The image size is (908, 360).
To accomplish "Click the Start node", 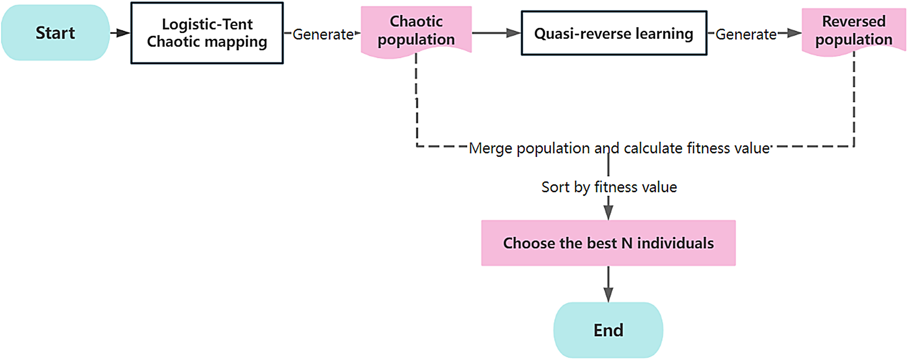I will tap(55, 33).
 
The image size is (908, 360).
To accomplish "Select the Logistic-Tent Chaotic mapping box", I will tap(207, 33).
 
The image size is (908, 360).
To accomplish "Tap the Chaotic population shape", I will tap(416, 31).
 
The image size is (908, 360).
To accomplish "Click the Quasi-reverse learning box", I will tap(614, 33).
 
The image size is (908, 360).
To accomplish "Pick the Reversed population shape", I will tap(853, 31).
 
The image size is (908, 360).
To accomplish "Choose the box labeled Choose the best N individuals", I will tap(608, 243).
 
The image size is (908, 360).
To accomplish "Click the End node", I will tap(608, 330).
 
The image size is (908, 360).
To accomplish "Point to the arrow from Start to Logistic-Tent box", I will tap(120, 33).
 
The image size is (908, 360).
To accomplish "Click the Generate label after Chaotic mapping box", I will tap(323, 34).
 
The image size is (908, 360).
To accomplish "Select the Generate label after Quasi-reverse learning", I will tap(746, 34).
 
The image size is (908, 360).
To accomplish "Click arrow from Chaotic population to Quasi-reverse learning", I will tap(496, 33).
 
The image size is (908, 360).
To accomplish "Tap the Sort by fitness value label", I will tap(609, 187).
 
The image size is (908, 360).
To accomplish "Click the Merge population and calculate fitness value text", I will tap(619, 148).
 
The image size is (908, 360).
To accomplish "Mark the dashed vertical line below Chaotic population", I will tap(417, 101).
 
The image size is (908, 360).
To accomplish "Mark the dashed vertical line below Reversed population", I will tap(854, 101).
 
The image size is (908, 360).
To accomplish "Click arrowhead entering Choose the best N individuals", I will tap(609, 213).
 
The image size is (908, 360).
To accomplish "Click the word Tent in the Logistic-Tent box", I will tap(237, 24).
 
